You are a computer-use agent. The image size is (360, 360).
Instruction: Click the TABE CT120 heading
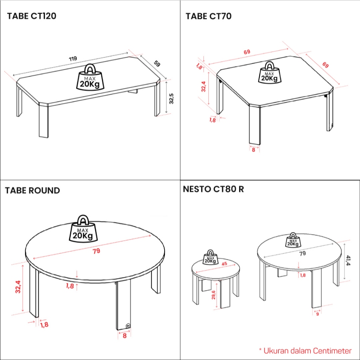32,16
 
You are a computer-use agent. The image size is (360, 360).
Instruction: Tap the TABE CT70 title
208,16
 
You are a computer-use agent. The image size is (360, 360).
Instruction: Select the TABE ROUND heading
32,191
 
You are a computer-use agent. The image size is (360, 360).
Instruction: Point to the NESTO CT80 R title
213,189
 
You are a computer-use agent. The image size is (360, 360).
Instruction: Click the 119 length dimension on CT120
73,59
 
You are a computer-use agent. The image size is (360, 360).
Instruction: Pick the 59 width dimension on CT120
157,64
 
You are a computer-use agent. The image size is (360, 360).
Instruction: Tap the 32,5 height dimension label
172,98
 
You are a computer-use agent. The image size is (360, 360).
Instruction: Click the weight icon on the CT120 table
90,77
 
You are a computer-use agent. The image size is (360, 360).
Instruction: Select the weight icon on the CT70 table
269,72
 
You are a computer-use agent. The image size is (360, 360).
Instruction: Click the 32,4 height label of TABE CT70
204,86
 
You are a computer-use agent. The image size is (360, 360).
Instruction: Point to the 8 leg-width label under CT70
253,150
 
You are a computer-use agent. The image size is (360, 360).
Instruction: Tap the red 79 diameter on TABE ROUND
96,251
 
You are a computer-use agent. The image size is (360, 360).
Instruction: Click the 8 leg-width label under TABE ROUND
125,336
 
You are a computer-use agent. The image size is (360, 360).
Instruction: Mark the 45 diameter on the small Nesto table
224,264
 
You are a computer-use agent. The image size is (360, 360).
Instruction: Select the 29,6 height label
213,295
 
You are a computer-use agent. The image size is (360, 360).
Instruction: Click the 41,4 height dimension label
348,261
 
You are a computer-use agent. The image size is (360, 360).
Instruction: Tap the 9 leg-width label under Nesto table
317,314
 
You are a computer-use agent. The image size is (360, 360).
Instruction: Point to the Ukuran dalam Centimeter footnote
306,351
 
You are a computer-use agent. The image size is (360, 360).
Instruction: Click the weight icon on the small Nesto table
210,257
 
